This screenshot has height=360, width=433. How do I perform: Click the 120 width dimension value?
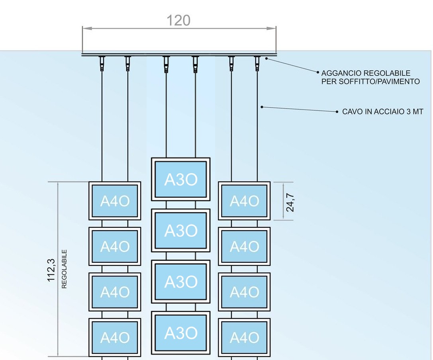point(178,20)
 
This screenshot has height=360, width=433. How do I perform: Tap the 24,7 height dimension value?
point(290,202)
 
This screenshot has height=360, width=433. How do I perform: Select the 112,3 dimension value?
point(51,270)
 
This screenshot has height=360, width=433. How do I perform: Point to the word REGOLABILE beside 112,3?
point(65,269)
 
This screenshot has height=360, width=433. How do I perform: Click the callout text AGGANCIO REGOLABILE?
point(366,74)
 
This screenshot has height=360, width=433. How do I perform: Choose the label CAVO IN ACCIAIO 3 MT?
point(382,112)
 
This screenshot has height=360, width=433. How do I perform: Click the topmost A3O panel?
point(180,179)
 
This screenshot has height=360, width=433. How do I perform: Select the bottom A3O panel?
point(180,333)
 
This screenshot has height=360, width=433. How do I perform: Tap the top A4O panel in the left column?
point(115,201)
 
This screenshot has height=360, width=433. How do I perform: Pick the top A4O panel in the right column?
point(244,201)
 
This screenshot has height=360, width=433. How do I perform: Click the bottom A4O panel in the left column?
point(115,337)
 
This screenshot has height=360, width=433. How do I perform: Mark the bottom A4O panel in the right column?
point(244,337)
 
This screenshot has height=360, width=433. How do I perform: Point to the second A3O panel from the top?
point(180,230)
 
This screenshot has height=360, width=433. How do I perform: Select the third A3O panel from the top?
point(180,282)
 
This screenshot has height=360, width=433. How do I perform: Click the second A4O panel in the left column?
point(115,247)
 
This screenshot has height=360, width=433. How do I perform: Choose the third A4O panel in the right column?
point(244,292)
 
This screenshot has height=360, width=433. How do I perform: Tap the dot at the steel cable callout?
point(262,106)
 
